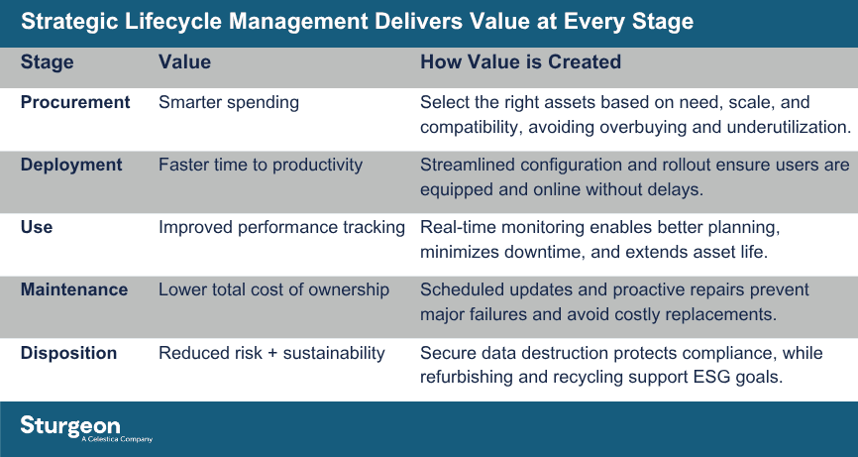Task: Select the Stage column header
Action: tap(48, 62)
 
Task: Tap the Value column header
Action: tap(184, 62)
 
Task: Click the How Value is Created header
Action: tap(520, 62)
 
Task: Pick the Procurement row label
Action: tap(75, 102)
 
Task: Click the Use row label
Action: tap(36, 227)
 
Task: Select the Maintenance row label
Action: tap(74, 289)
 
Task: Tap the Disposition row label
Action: tap(69, 353)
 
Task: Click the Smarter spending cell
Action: tap(229, 102)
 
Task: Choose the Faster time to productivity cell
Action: tap(261, 165)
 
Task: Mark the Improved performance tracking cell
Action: tap(281, 227)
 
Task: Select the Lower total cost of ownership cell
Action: tap(273, 289)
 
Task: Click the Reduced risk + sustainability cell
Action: tap(271, 353)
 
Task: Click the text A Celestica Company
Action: tap(116, 439)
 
